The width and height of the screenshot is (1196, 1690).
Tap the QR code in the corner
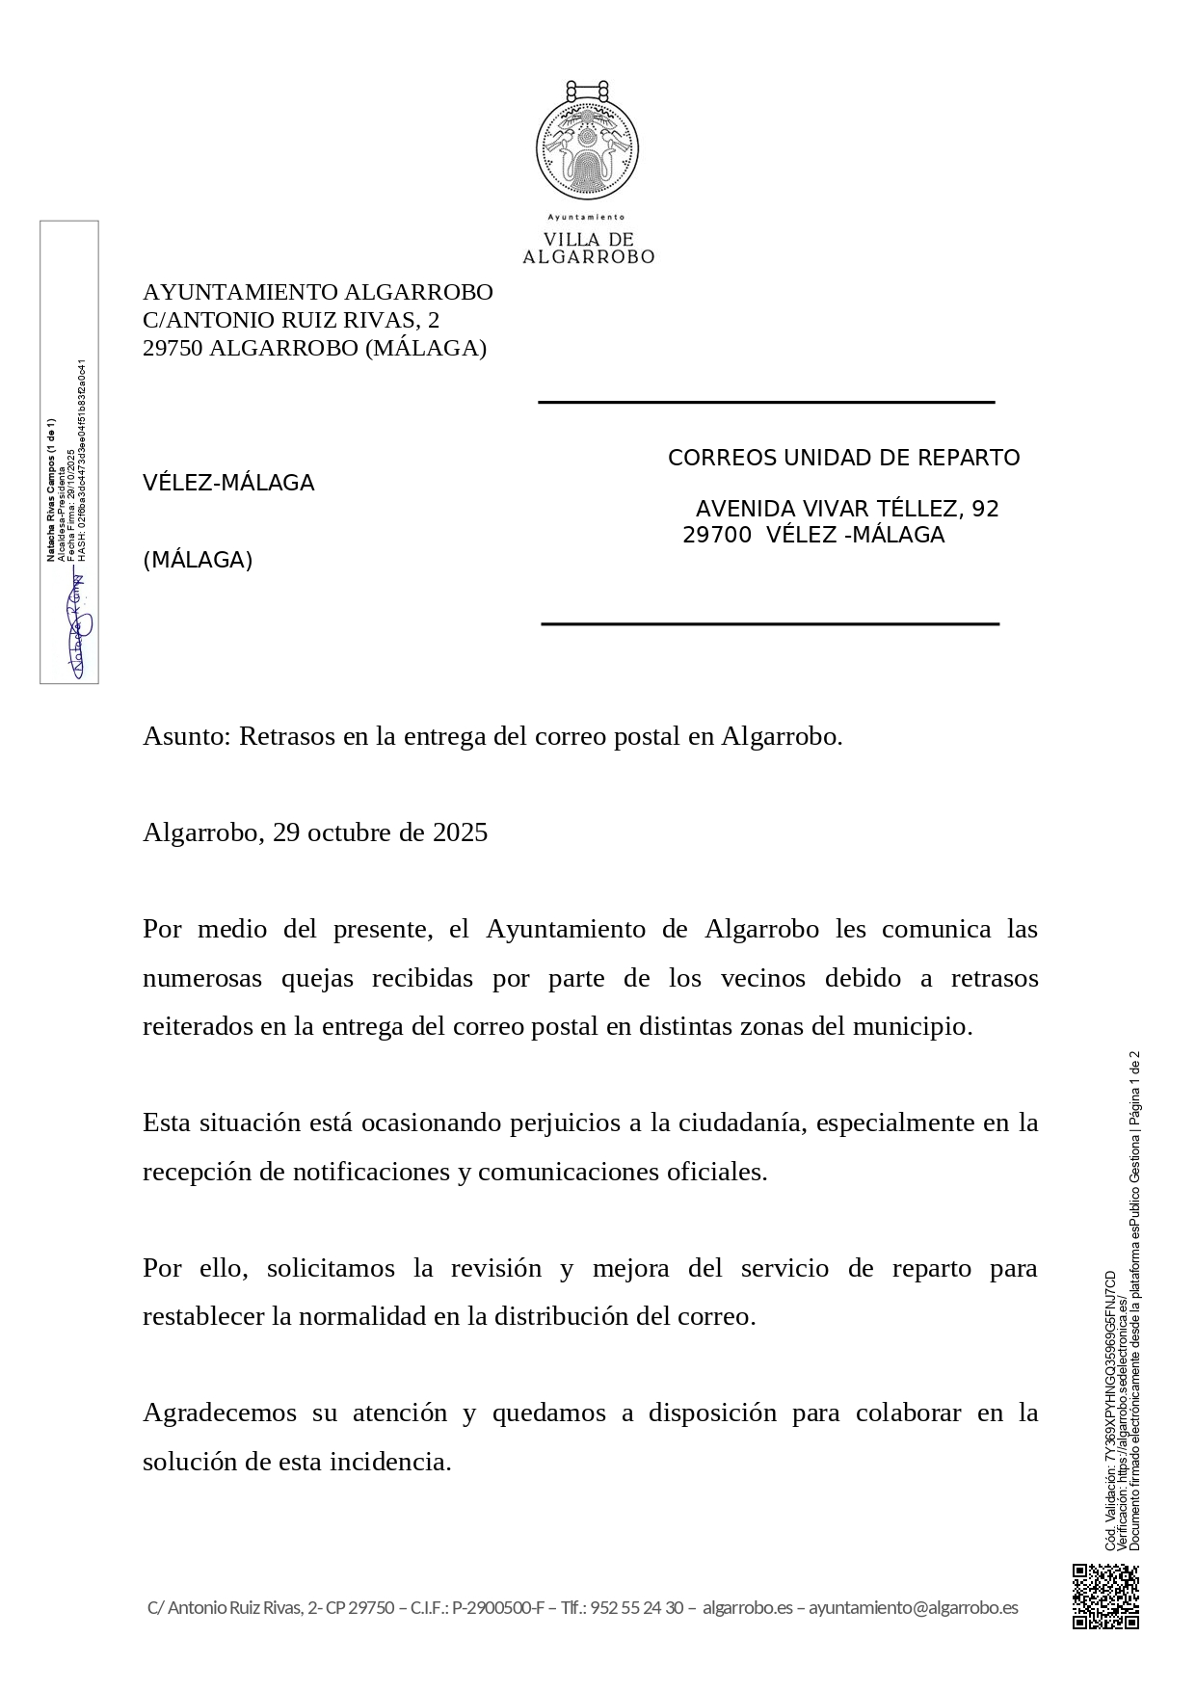[x=1105, y=1597]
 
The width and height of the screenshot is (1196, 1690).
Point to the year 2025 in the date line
[x=460, y=833]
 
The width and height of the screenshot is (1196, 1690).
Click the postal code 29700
[x=717, y=536]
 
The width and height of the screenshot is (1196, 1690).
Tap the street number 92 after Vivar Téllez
[x=986, y=510]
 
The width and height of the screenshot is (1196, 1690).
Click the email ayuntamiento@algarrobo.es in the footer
[x=913, y=1607]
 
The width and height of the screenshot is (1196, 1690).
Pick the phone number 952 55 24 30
[x=637, y=1607]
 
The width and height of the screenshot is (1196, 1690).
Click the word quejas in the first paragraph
[x=316, y=979]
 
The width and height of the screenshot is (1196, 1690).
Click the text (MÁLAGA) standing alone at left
[x=198, y=561]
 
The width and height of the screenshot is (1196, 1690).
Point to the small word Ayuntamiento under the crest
[x=586, y=218]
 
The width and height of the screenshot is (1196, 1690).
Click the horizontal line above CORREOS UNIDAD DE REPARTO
[x=766, y=402]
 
